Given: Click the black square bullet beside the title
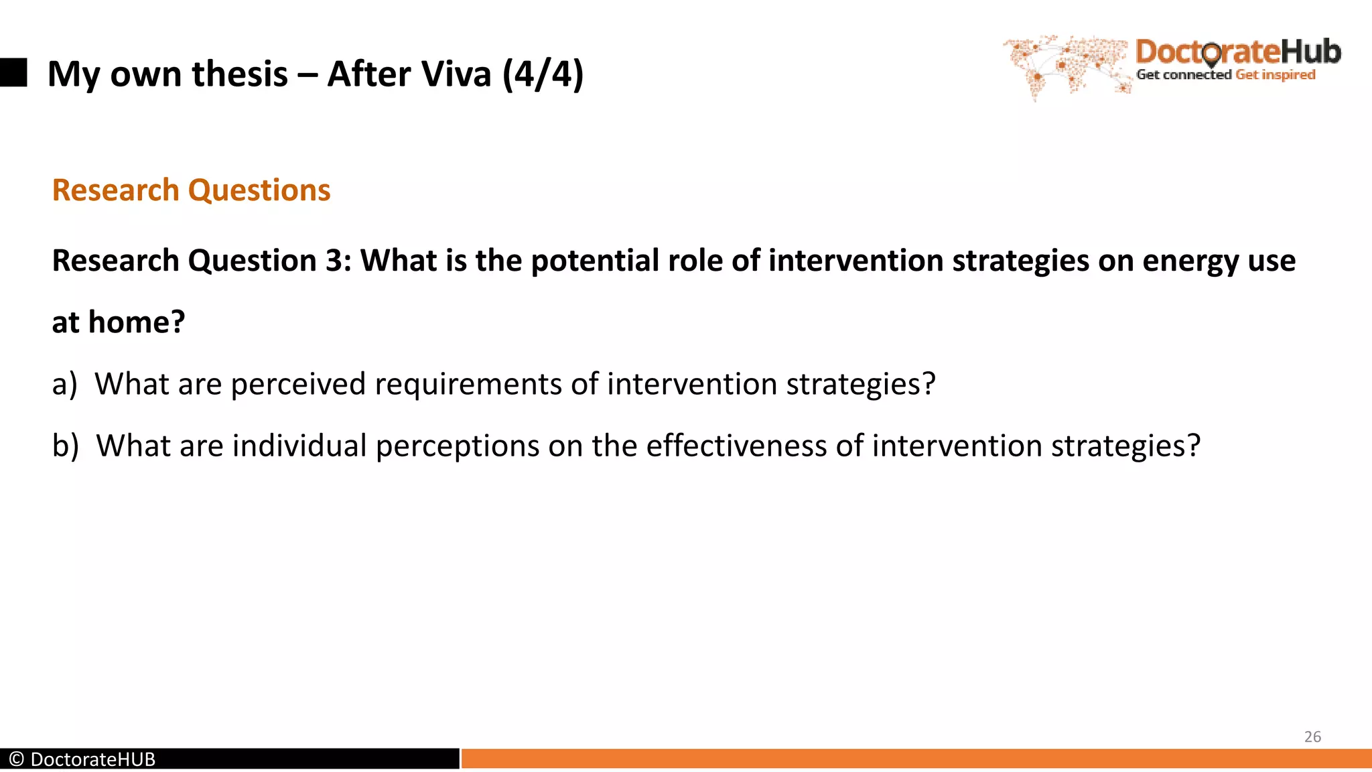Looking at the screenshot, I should point(13,72).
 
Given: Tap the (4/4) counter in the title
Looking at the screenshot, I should point(543,74).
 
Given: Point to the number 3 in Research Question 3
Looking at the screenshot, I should point(334,261).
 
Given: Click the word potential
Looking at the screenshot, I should point(593,261).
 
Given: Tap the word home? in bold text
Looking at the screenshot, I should point(137,322).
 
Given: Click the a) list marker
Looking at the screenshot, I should point(65,385).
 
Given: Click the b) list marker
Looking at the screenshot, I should point(66,446).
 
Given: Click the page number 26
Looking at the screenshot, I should point(1312,736).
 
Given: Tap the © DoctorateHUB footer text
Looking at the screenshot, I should point(82,759).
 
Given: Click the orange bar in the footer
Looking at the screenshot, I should point(916,759).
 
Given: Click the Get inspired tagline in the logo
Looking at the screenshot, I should point(1275,75).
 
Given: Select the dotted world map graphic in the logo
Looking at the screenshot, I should point(1065,66).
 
